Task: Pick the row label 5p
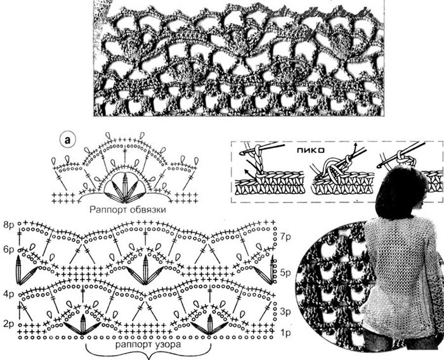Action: coord(285,272)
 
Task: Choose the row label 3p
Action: coord(285,312)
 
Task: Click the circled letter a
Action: coord(67,140)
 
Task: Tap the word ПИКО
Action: coord(310,150)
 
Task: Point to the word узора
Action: coord(169,345)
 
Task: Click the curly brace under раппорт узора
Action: coord(148,352)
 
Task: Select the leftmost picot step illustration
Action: coord(270,170)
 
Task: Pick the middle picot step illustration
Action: coord(343,173)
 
